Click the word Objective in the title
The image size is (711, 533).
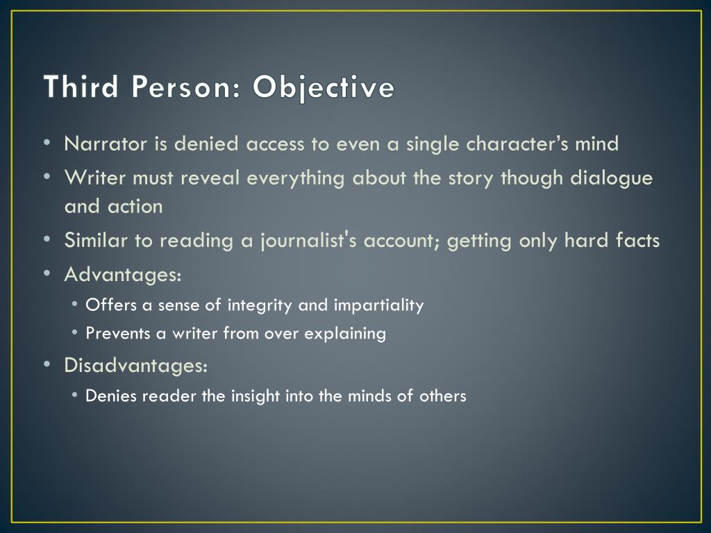324,88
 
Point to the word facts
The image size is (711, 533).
637,241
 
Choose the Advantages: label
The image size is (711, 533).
124,275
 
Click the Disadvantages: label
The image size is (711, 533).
136,365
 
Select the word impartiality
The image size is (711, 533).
378,305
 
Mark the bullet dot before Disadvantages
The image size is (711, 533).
46,364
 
